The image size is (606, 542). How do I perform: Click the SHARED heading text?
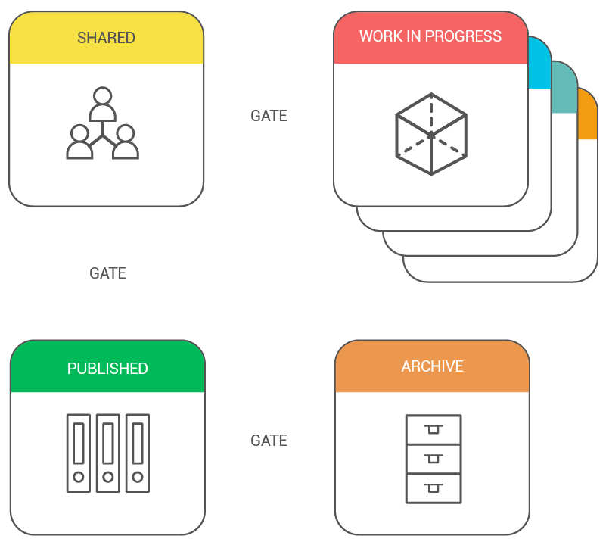point(106,38)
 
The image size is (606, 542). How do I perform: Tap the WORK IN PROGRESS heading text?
point(430,36)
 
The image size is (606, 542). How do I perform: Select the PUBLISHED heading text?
point(107,369)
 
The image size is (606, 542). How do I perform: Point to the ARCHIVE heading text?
point(433,366)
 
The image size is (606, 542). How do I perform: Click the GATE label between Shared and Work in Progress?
point(269,116)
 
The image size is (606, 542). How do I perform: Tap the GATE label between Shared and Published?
point(108,273)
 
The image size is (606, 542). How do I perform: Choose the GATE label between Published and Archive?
point(269,441)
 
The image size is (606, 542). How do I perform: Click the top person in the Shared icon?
point(102,104)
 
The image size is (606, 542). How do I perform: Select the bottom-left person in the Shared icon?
point(79,142)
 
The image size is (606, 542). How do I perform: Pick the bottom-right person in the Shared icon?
point(126,142)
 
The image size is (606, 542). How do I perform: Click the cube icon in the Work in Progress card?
point(431,134)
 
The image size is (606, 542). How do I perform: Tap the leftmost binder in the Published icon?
point(79,453)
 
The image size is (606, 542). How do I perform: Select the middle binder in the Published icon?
point(108,453)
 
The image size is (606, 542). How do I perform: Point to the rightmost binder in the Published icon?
point(138,453)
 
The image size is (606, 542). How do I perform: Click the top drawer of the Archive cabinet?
point(434,429)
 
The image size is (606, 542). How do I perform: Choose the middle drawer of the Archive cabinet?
point(434,459)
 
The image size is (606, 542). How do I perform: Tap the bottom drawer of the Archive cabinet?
point(434,489)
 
